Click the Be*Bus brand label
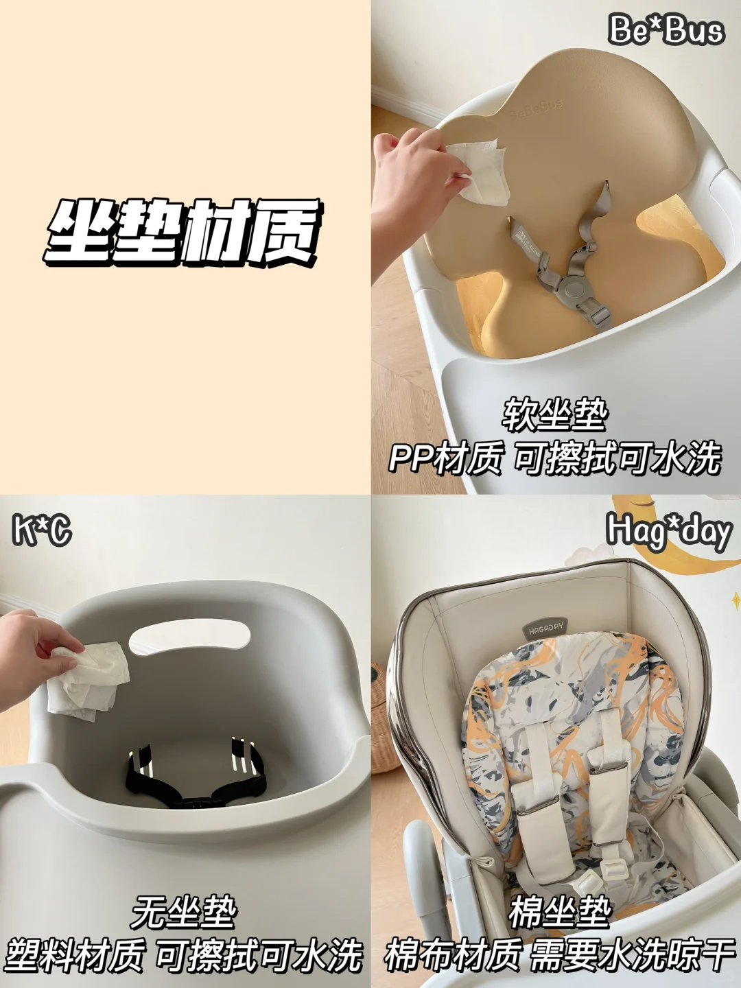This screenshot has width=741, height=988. pyautogui.click(x=666, y=30)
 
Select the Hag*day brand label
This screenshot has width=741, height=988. pyautogui.click(x=668, y=532)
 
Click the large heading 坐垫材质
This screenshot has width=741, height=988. pyautogui.click(x=182, y=231)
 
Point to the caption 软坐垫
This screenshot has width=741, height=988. pyautogui.click(x=554, y=415)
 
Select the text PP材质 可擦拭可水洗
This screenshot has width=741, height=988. pyautogui.click(x=555, y=459)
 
